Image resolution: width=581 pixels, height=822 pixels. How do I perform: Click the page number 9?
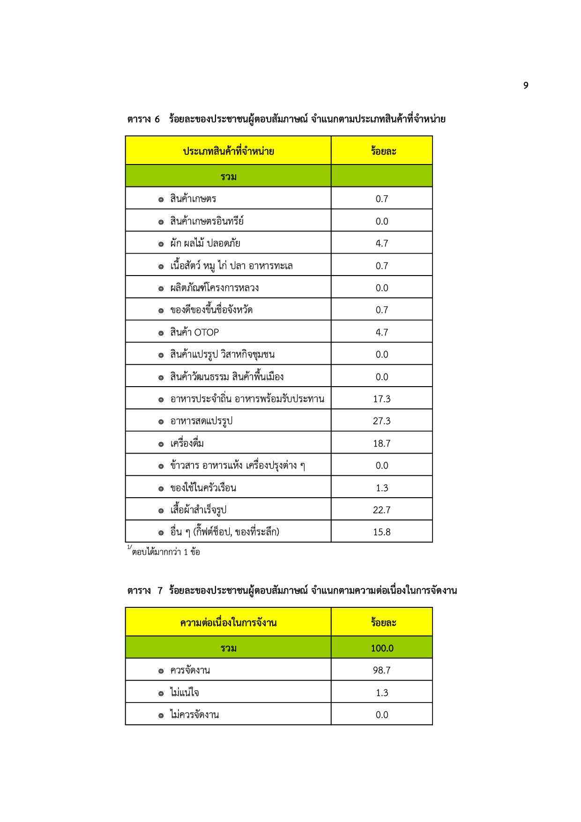click(526, 85)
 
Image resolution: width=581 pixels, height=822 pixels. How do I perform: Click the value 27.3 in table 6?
click(381, 421)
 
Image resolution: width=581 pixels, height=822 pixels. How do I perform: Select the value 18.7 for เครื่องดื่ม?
click(381, 443)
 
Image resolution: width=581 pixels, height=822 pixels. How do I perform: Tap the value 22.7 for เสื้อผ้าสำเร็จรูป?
click(381, 510)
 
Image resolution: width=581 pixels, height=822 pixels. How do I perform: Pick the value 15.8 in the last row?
click(381, 532)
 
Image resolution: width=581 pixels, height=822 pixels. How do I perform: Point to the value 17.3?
click(381, 399)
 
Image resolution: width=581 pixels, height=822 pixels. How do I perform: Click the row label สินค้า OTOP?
click(194, 332)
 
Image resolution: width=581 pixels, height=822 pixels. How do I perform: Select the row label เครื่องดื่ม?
click(187, 443)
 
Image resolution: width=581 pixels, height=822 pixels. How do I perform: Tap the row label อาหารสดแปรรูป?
click(201, 421)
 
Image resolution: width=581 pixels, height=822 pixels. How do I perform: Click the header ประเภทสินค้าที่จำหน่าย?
click(228, 151)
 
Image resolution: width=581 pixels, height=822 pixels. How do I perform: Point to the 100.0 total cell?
click(381, 648)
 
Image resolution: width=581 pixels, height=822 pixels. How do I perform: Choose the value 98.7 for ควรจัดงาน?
click(381, 670)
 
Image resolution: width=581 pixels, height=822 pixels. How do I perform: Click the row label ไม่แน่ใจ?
click(185, 693)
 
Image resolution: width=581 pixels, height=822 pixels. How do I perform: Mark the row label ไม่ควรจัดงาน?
click(194, 715)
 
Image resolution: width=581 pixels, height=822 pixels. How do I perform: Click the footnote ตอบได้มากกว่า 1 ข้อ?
click(166, 552)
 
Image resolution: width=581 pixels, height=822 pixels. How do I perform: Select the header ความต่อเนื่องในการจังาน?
click(228, 623)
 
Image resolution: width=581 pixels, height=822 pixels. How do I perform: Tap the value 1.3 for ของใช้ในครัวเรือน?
click(381, 488)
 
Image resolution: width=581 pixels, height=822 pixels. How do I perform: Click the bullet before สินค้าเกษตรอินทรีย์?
click(161, 222)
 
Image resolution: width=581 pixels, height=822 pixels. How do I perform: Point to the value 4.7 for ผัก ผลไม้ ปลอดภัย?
click(381, 243)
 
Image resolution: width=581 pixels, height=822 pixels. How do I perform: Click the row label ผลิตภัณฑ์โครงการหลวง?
click(214, 288)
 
